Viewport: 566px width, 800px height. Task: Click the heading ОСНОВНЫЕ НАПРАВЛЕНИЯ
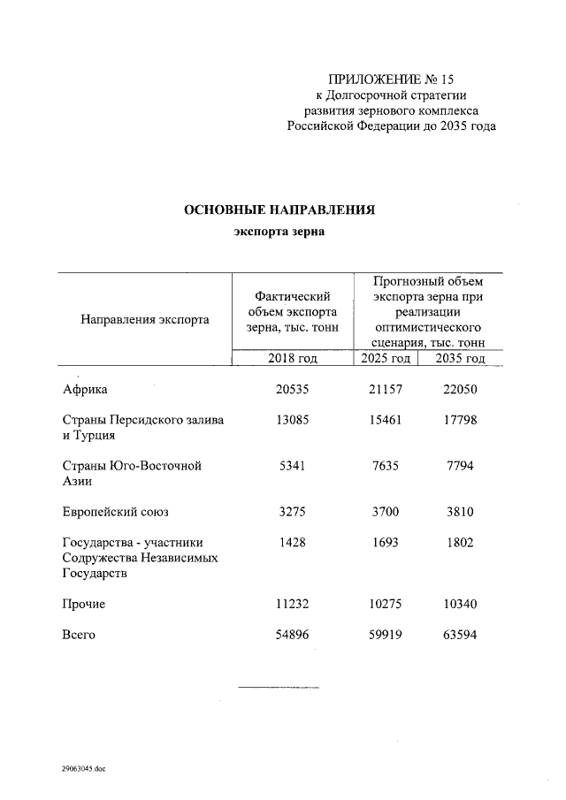[x=279, y=210]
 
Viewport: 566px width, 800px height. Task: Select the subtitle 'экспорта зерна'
[x=279, y=232]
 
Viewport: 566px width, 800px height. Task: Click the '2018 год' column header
[x=292, y=359]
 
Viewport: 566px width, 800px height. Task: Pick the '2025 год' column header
[x=386, y=359]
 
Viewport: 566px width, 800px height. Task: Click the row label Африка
[x=86, y=390]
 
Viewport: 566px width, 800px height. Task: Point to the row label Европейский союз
[x=115, y=512]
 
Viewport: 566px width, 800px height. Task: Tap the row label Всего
[x=79, y=635]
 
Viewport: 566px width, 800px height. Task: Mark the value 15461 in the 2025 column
[x=386, y=420]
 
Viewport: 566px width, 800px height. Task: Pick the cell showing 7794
[x=460, y=466]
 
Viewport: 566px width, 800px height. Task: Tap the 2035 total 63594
[x=460, y=635]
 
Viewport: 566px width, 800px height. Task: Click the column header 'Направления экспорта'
[x=145, y=319]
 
